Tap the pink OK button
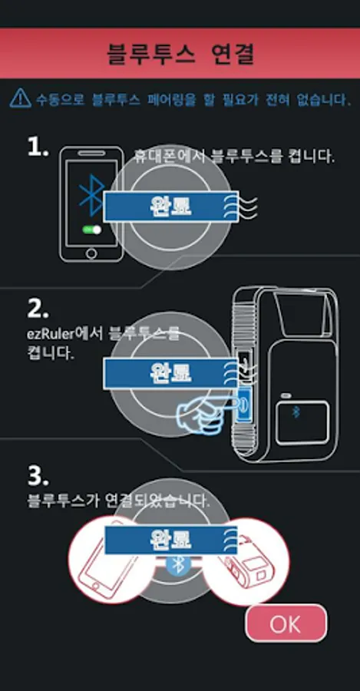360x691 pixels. tap(286, 623)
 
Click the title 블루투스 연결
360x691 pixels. tap(180, 53)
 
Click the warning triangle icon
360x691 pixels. tap(20, 98)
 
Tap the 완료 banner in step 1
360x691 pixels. tap(171, 207)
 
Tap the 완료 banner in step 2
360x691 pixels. tap(171, 373)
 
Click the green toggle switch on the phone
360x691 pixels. tap(91, 230)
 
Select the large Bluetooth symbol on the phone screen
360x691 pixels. tap(91, 194)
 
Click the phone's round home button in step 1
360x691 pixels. tap(91, 253)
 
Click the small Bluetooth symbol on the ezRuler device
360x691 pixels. tap(296, 412)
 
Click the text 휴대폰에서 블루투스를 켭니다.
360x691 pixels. tap(234, 157)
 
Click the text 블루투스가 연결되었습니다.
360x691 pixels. tap(118, 501)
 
